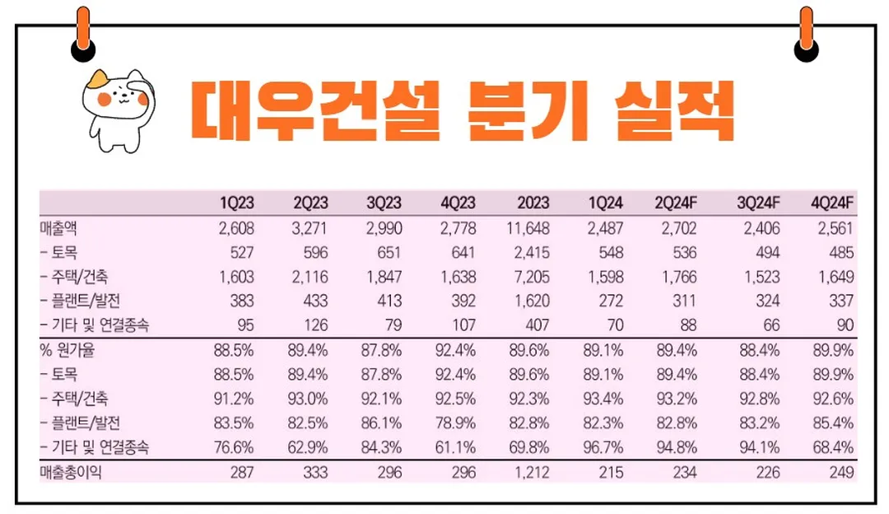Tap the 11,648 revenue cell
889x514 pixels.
click(x=528, y=228)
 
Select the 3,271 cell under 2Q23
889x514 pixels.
click(x=310, y=228)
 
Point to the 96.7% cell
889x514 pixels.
click(x=604, y=447)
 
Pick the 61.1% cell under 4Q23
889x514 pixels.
click(x=457, y=447)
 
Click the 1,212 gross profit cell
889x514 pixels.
click(x=532, y=472)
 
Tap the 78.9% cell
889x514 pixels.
click(x=457, y=423)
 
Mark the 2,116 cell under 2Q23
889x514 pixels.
click(x=310, y=277)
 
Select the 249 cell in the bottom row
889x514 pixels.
click(x=840, y=472)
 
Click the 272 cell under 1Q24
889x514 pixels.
click(x=610, y=301)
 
